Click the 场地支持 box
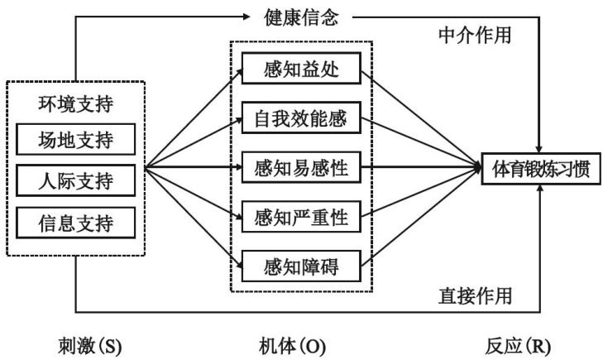point(75,140)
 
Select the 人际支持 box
point(75,180)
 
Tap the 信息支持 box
point(75,222)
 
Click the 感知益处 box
point(301,70)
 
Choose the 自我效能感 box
point(301,121)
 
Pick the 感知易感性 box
point(301,169)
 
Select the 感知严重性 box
point(301,218)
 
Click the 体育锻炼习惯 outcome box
point(541,169)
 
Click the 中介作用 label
point(474,35)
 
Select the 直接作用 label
point(474,295)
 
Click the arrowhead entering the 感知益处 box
point(239,72)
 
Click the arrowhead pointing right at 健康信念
point(251,16)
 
